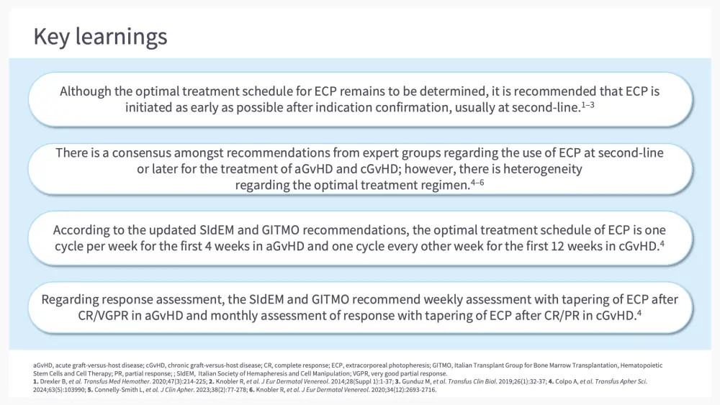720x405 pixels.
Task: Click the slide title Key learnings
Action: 101,37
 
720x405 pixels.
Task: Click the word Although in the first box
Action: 86,91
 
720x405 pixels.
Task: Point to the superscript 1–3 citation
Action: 588,105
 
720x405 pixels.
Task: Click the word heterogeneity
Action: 543,169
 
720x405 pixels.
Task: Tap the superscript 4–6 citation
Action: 477,183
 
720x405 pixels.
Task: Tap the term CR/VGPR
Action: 103,316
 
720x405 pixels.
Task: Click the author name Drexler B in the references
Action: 53,381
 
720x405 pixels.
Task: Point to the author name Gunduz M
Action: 416,381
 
